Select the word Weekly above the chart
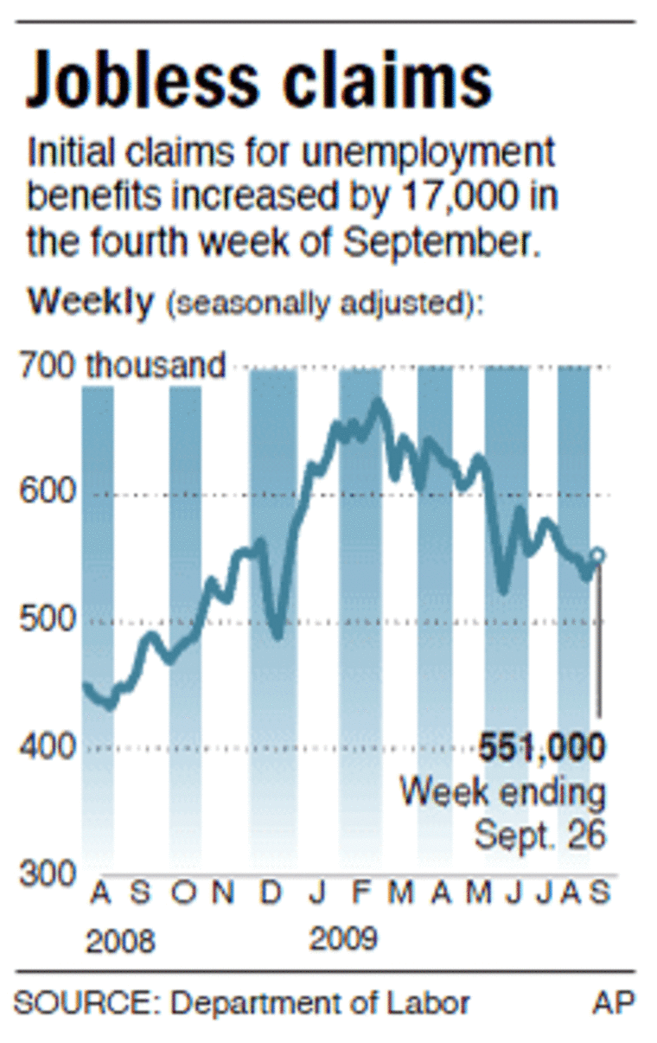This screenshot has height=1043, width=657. pyautogui.click(x=91, y=303)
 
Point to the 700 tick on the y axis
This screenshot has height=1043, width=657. pyautogui.click(x=48, y=367)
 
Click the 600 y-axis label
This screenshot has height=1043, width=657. pyautogui.click(x=48, y=494)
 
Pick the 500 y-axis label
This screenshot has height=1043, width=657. pyautogui.click(x=48, y=620)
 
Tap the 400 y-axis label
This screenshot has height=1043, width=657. pyautogui.click(x=48, y=746)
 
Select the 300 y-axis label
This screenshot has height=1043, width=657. pyautogui.click(x=48, y=873)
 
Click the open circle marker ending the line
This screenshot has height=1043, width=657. pyautogui.click(x=598, y=555)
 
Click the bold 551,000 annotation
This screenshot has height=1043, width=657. pyautogui.click(x=543, y=747)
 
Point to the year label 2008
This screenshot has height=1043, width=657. pyautogui.click(x=120, y=941)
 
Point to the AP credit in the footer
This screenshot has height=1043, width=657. pyautogui.click(x=614, y=1003)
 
